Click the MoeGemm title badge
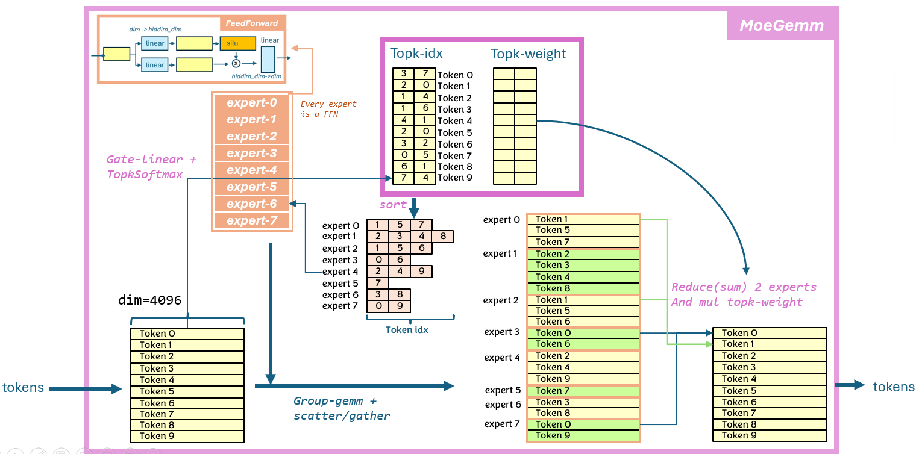(x=782, y=25)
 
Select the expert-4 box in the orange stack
(x=252, y=170)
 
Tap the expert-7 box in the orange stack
(x=252, y=221)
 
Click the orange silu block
(x=233, y=43)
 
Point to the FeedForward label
(x=252, y=23)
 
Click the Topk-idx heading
(x=416, y=54)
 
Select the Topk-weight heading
(x=529, y=54)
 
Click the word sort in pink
(x=393, y=205)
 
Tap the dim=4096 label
(x=149, y=300)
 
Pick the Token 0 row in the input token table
(x=187, y=334)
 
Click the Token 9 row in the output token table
(x=770, y=435)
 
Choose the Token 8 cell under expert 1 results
(x=583, y=288)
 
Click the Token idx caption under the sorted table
(x=407, y=329)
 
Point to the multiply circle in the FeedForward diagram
(x=236, y=63)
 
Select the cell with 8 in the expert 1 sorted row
(x=443, y=237)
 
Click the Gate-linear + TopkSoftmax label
(x=151, y=167)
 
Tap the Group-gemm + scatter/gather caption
(x=342, y=408)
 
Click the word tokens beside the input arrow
(x=24, y=388)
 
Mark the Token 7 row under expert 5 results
(x=583, y=391)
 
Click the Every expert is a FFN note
(x=328, y=109)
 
